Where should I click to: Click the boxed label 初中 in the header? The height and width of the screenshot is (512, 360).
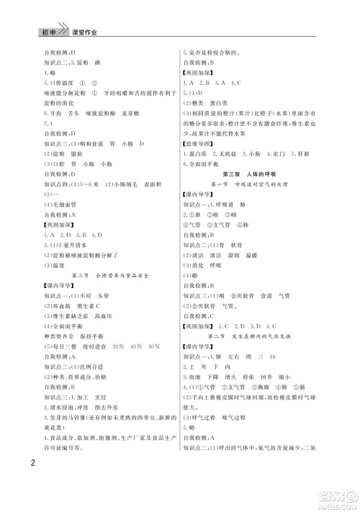click(x=48, y=34)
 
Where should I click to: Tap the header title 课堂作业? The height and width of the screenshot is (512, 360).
click(x=84, y=34)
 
